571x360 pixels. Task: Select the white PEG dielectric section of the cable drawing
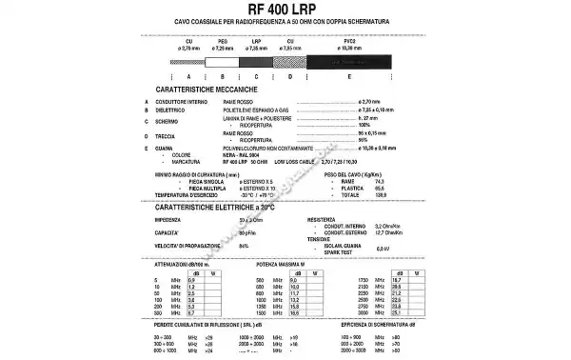[223, 59]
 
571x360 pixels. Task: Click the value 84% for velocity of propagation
[245, 247]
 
